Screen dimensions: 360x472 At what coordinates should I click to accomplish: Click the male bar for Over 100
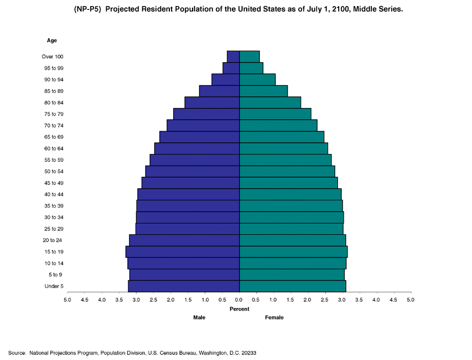point(233,56)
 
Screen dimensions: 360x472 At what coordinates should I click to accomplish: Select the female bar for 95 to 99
point(251,68)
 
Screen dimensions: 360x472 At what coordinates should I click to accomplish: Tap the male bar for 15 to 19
point(183,251)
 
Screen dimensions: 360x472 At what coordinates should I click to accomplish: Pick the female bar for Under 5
point(293,286)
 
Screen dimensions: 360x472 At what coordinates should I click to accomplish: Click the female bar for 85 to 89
point(263,91)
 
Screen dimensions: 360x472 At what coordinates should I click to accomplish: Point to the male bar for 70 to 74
point(203,126)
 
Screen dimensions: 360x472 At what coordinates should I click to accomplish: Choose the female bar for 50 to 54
point(287,171)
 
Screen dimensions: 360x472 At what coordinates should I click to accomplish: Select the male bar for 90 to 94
point(226,80)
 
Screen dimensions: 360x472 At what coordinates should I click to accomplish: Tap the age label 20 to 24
point(53,240)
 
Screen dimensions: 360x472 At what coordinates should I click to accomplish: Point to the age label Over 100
point(53,56)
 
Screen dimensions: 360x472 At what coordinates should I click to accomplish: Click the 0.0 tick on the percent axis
point(240,300)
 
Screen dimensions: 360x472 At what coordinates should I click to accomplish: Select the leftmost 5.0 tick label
point(68,300)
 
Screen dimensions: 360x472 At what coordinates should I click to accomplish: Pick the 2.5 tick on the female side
point(325,300)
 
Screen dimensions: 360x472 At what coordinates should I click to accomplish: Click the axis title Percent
point(240,309)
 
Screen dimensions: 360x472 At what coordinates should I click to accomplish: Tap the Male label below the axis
point(199,317)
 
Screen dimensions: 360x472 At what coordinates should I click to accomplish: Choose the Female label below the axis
point(274,317)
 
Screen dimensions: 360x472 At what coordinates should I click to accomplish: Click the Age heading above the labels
point(51,40)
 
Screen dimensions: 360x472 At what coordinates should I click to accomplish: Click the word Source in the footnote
point(17,353)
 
